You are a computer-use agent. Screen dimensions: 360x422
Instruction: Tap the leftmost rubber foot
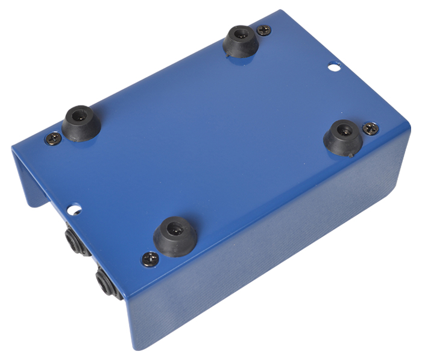tap(81, 124)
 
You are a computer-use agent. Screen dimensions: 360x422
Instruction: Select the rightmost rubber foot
tap(343, 137)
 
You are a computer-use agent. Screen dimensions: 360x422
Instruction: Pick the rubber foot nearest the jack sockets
tap(175, 236)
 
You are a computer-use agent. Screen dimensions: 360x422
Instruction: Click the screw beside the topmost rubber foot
tap(264, 30)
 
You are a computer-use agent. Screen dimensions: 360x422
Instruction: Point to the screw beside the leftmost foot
tap(53, 139)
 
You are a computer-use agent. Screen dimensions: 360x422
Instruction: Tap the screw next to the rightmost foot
tap(370, 128)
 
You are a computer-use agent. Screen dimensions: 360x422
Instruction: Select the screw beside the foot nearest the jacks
tap(150, 259)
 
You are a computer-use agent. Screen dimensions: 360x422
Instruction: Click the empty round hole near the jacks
tap(74, 209)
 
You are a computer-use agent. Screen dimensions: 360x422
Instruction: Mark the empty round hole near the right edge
tap(334, 66)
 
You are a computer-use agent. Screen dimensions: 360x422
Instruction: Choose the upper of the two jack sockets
tap(76, 241)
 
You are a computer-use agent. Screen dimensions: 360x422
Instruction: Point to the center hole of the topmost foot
tap(242, 34)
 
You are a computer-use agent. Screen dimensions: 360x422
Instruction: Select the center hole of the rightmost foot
tap(344, 129)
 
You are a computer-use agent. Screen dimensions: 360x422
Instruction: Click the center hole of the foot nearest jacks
tap(175, 228)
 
